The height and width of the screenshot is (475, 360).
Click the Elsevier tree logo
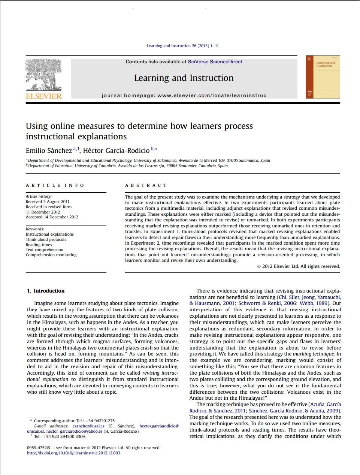[43, 75]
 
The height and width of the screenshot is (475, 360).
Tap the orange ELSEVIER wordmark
[44, 96]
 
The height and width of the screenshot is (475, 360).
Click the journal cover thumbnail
[323, 77]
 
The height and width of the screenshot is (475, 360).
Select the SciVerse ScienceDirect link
[215, 62]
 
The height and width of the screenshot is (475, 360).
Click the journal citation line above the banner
[183, 46]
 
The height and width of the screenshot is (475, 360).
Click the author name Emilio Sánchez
[49, 151]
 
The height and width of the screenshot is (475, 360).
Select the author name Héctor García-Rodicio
[116, 151]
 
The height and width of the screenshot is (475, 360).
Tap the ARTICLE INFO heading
[55, 185]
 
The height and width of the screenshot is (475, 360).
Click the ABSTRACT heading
[146, 185]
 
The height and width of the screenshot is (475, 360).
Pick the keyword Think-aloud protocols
[46, 239]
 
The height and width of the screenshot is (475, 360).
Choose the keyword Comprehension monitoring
[51, 255]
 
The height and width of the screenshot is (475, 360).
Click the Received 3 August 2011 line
[48, 202]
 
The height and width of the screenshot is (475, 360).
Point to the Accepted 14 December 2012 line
[52, 217]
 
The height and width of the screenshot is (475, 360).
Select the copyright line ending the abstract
[299, 266]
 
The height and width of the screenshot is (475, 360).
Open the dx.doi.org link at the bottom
[73, 453]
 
